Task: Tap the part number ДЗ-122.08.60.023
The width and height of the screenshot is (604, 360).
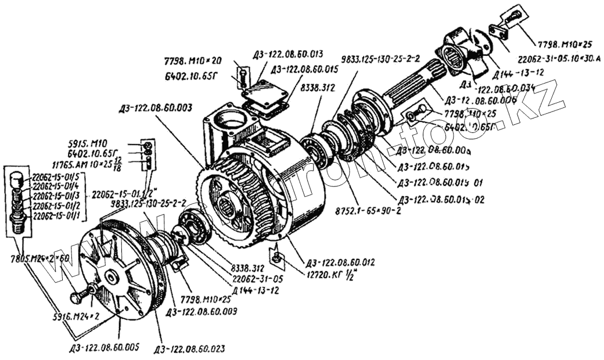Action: point(189,349)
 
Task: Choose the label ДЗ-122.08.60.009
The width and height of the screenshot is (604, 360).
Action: point(202,312)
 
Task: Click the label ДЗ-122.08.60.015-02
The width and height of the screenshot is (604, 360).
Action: point(440,199)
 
